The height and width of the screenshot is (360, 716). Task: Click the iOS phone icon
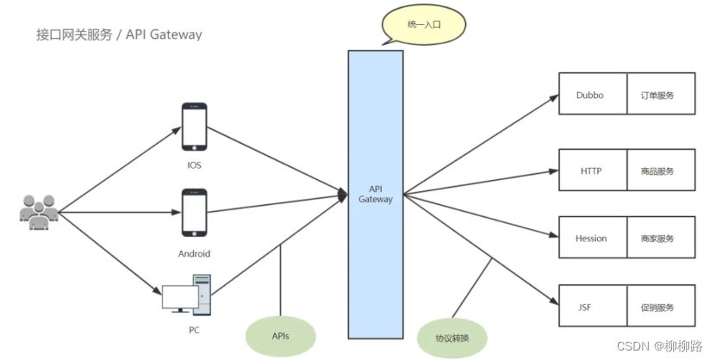point(194,127)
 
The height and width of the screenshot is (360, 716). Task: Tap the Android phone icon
point(194,213)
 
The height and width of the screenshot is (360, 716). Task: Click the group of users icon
point(38,211)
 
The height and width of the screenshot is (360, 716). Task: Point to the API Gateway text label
point(375,194)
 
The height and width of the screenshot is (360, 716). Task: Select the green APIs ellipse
point(280,335)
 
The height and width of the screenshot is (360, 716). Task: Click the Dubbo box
point(591,96)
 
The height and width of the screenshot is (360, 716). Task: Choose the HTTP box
point(591,171)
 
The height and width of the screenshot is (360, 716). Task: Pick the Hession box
point(591,239)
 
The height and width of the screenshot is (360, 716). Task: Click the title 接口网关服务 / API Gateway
point(119,35)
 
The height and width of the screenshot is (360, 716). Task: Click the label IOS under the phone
point(194,165)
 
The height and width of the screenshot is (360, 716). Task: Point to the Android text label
point(194,254)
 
